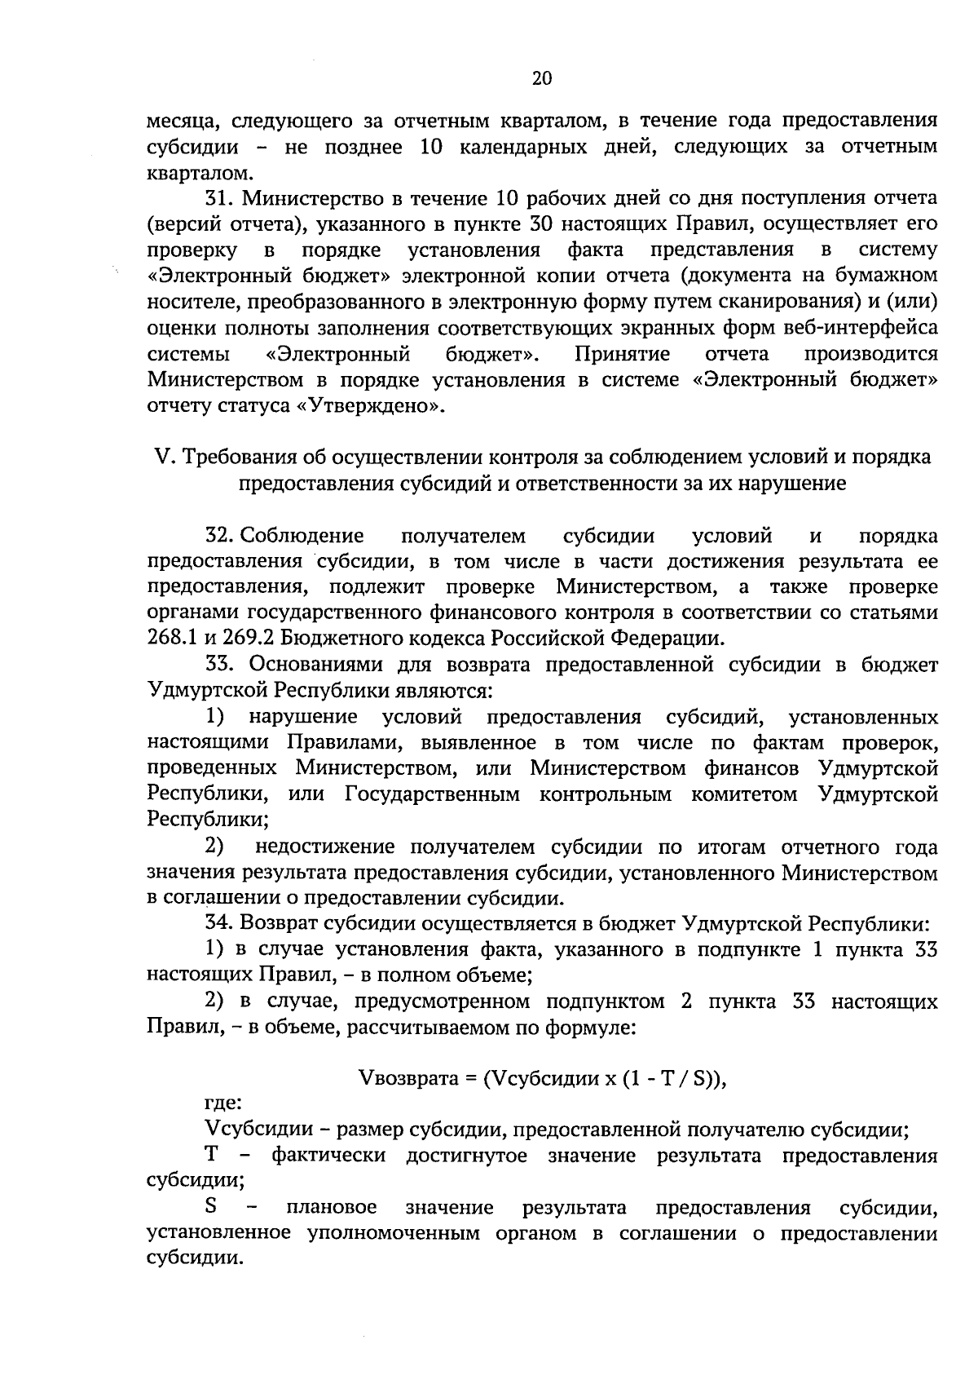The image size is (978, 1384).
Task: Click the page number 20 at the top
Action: pyautogui.click(x=541, y=78)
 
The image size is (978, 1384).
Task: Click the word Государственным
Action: pyautogui.click(x=432, y=794)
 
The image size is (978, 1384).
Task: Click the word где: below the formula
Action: pyautogui.click(x=222, y=1104)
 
